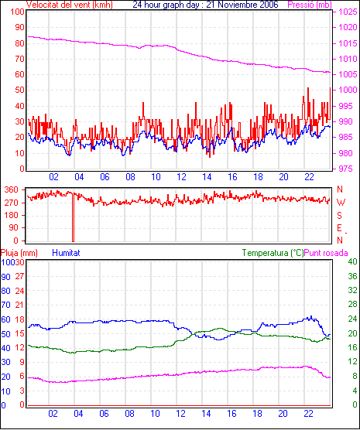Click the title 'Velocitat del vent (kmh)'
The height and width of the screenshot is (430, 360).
(70, 5)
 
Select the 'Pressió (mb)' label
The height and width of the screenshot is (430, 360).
(310, 5)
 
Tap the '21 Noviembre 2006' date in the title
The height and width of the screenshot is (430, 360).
(242, 5)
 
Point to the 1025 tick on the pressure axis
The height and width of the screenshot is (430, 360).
(348, 12)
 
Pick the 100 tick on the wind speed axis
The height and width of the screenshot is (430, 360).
(17, 12)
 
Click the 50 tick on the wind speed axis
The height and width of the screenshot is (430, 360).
(20, 90)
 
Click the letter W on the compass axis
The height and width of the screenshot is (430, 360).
(341, 203)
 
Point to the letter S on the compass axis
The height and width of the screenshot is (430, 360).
(340, 216)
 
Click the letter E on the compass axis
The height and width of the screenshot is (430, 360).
(339, 228)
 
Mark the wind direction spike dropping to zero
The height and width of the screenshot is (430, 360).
(73, 217)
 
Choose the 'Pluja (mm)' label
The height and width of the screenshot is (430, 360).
(19, 253)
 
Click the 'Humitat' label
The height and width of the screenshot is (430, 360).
(66, 253)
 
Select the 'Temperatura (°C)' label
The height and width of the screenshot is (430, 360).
(273, 253)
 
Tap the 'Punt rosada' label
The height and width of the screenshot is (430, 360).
(326, 253)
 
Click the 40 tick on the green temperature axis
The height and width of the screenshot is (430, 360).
(352, 261)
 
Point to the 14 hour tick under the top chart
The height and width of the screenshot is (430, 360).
(207, 177)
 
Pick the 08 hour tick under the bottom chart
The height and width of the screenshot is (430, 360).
(129, 413)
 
